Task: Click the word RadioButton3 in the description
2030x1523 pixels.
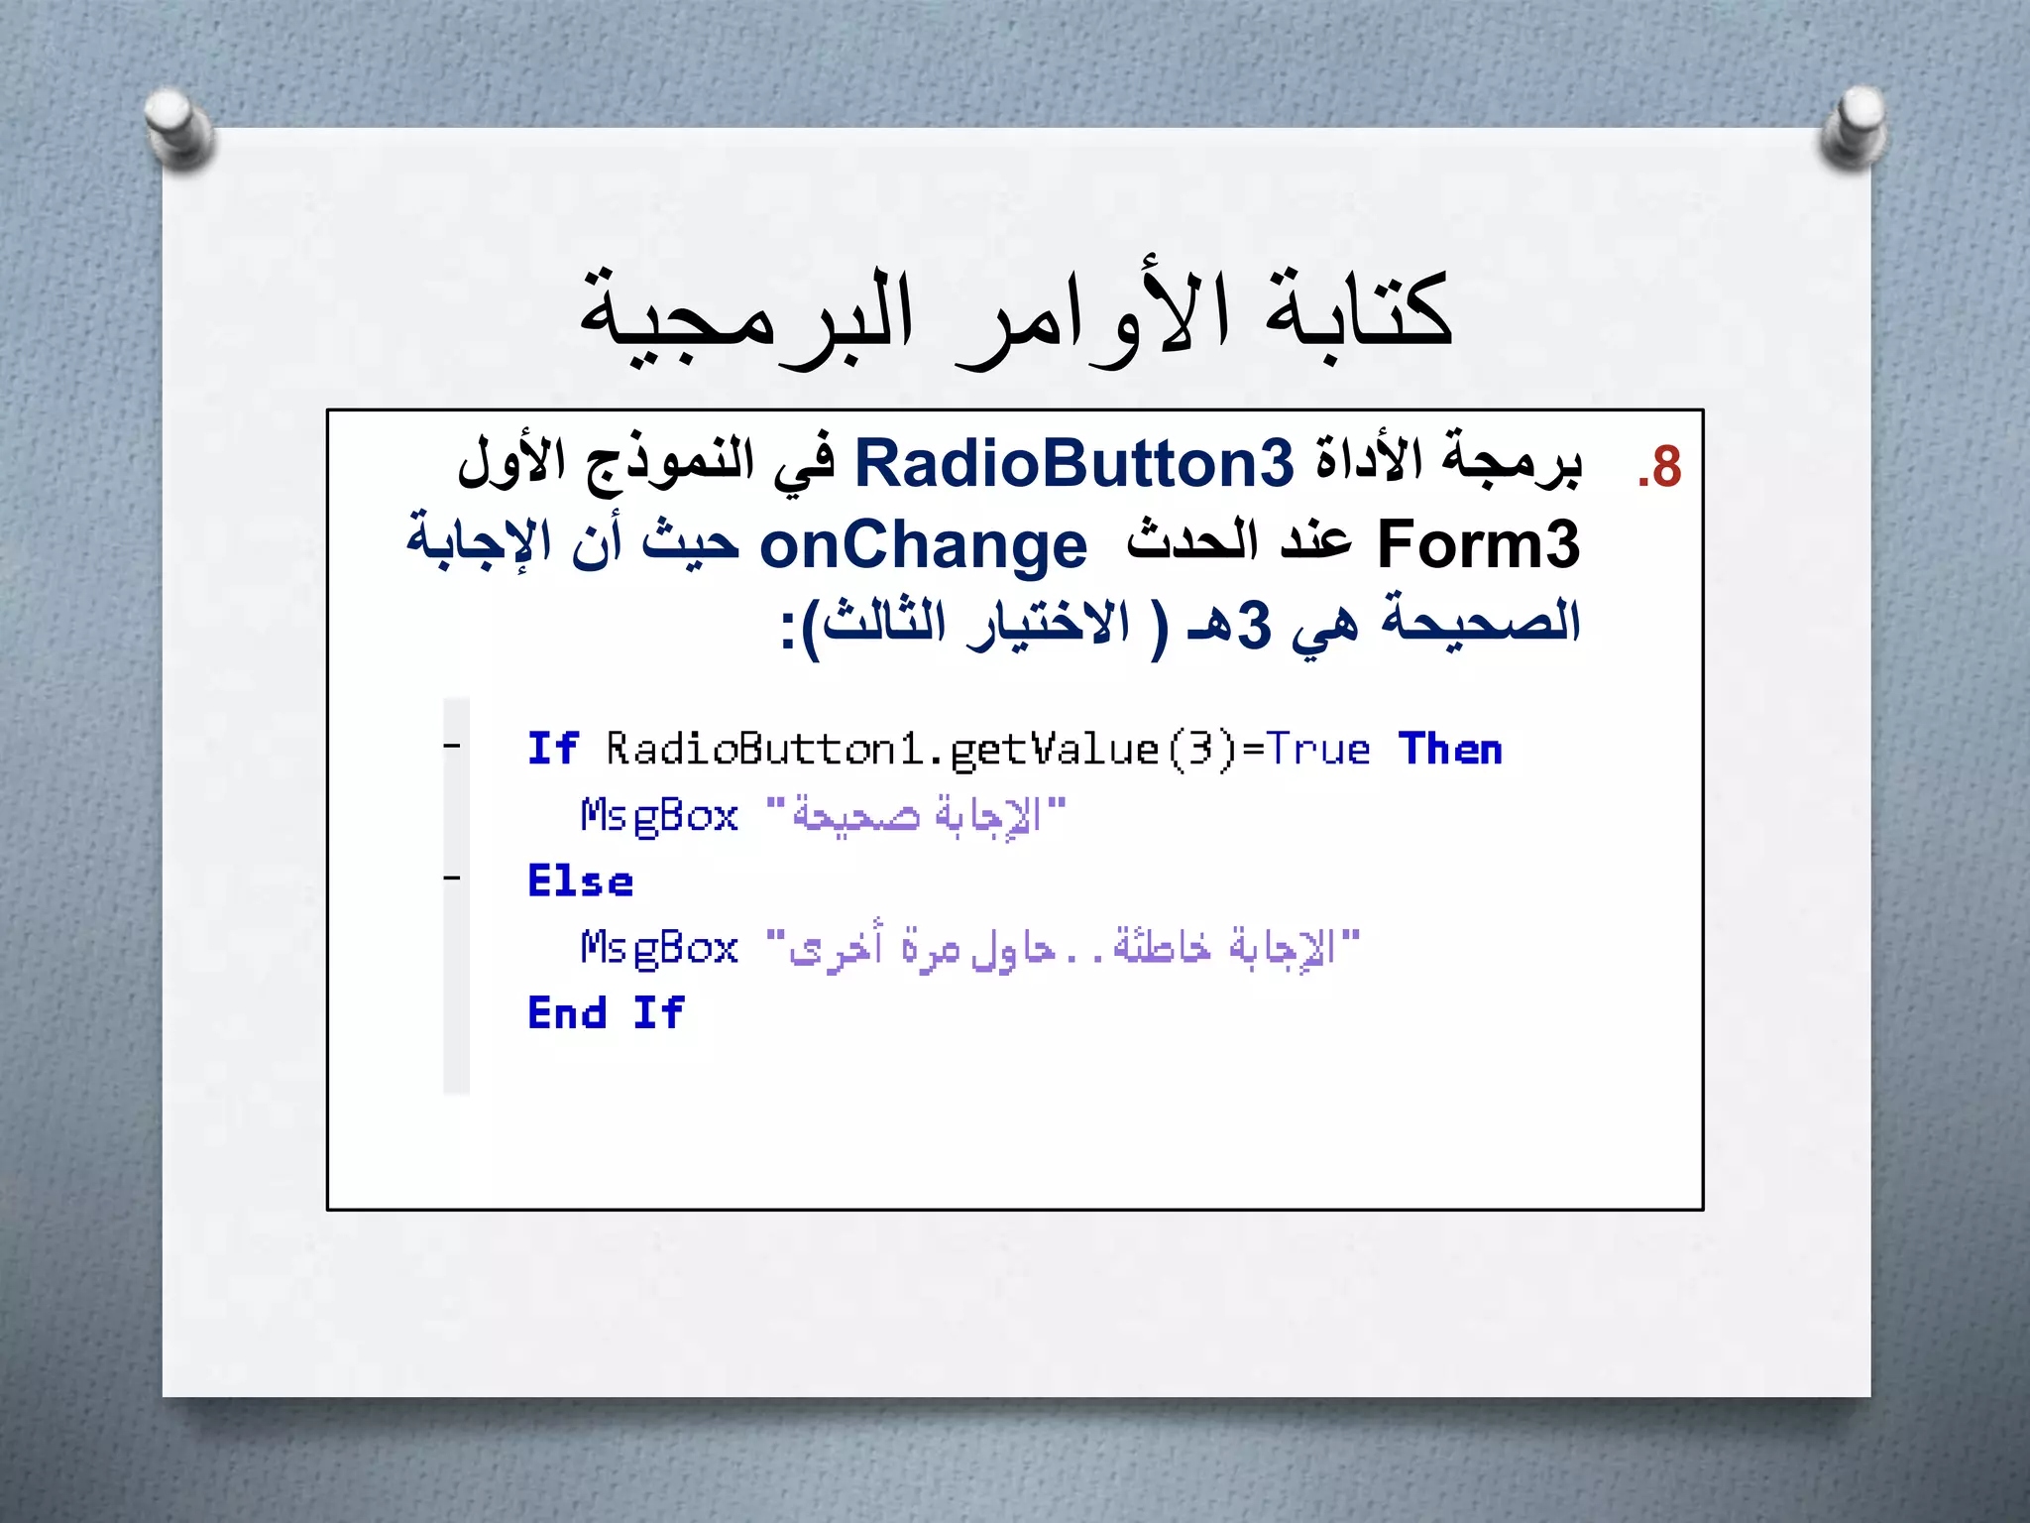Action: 1073,463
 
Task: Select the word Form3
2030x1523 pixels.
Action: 1478,544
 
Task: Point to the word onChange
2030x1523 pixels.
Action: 923,546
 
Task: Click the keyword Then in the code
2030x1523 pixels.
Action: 1450,750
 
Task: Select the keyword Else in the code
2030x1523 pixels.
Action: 580,881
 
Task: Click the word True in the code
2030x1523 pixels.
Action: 1318,750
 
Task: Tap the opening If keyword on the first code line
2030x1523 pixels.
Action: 552,749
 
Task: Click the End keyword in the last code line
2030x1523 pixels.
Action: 567,1013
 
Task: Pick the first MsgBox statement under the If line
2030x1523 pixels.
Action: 659,816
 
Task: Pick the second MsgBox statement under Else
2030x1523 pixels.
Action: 659,948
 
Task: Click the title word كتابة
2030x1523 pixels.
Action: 1357,310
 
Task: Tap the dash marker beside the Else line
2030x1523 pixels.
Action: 452,878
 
